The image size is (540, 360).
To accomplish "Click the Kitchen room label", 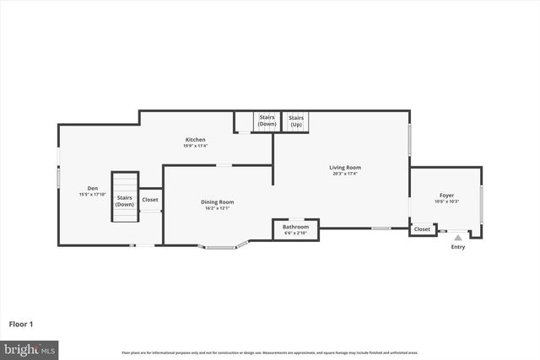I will coord(195,140).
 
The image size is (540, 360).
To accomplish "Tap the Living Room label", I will coord(344,168).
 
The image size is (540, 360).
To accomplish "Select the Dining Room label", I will coord(217,202).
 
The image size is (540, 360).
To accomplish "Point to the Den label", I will coord(92,188).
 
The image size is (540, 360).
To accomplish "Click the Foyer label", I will coord(445,195).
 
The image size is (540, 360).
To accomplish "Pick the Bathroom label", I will coord(295,227).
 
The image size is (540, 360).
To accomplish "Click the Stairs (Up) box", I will coord(296,121).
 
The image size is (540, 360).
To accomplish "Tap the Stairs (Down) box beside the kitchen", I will coord(267,121).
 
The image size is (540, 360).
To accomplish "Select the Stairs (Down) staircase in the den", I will coord(124,199).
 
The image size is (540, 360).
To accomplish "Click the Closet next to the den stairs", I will coord(149,200).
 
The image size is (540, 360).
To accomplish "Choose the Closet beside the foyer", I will coord(422,229).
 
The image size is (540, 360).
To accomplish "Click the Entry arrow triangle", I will coord(458,239).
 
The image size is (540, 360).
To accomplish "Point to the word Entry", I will coord(458,247).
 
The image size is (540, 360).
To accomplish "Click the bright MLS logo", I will coord(30,348).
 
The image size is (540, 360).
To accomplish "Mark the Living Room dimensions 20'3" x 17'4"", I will coord(344,174).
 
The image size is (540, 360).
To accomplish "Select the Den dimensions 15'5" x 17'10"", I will coord(92,195).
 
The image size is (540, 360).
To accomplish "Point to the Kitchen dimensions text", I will coord(195,146).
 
